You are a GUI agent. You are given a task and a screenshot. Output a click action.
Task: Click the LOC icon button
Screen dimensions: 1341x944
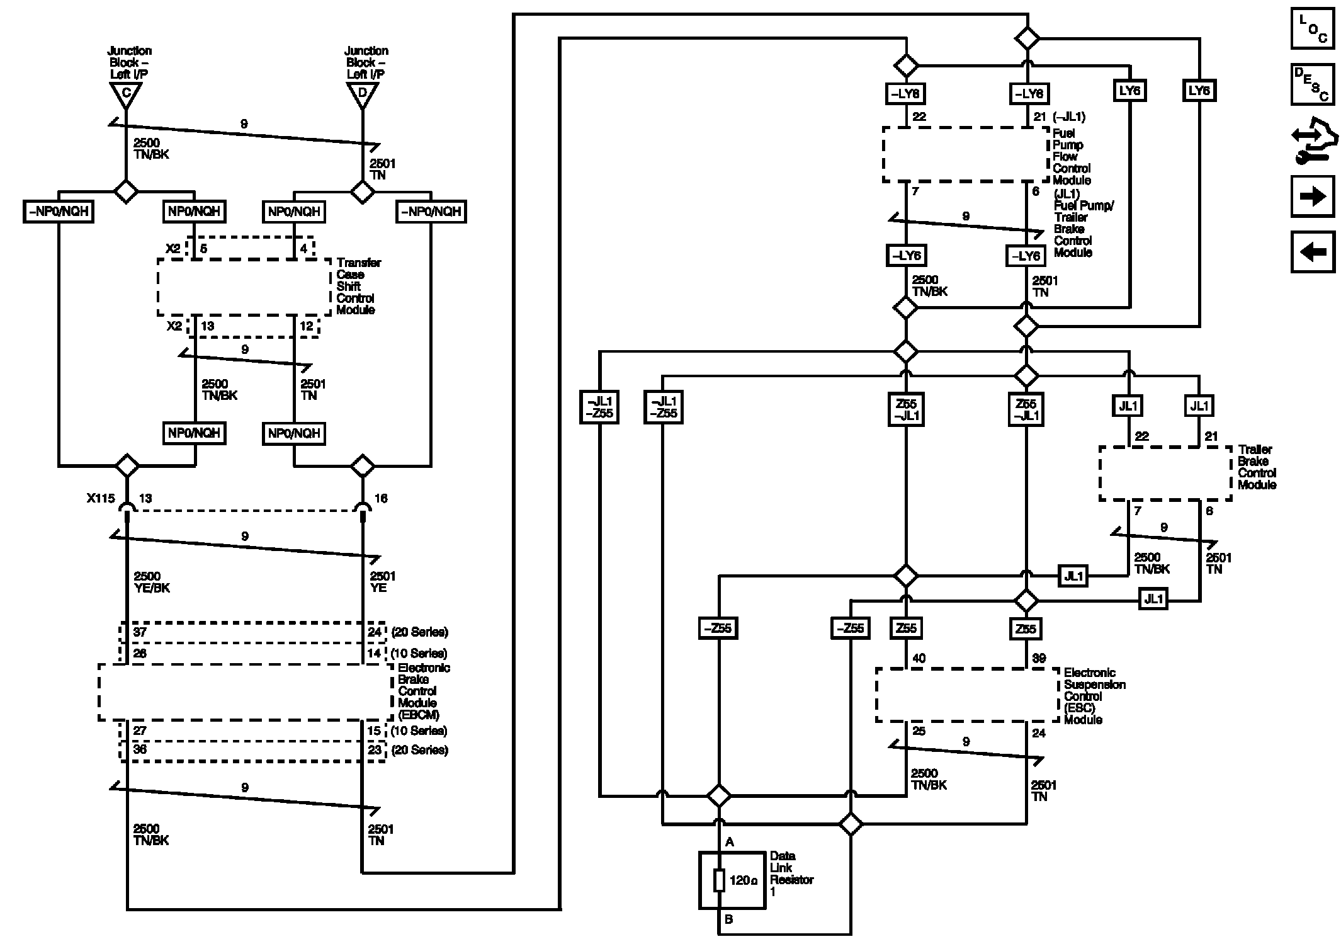pos(1313,28)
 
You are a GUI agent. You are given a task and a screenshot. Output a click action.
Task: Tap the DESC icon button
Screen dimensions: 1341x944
pos(1313,84)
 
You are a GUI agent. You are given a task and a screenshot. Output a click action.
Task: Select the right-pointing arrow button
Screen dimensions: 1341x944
pos(1313,197)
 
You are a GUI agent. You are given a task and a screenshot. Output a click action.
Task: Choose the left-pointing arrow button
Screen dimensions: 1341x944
pos(1313,252)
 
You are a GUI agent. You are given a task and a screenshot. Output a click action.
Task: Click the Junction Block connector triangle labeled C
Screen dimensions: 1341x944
pos(126,94)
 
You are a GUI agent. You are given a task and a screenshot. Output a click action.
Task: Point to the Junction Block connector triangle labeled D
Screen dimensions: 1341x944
pos(363,94)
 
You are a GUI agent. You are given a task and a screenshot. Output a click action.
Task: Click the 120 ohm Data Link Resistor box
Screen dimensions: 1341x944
pos(732,880)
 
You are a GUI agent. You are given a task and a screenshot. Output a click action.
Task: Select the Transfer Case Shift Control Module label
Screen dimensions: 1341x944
pos(358,286)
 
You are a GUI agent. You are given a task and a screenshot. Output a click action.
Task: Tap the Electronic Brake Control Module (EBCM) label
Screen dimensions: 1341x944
pos(424,691)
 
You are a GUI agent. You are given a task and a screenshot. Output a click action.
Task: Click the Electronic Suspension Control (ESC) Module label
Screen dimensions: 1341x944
pos(1095,696)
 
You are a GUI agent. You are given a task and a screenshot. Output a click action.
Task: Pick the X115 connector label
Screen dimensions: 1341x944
pos(101,498)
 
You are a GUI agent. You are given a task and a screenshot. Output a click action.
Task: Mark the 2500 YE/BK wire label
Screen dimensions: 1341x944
pos(152,582)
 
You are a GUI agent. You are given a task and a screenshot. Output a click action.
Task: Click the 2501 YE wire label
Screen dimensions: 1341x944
pos(383,582)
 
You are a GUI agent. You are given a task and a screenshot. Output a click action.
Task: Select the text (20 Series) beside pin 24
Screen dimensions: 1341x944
pos(419,632)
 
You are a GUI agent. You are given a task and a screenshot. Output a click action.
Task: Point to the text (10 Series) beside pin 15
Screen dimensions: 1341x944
pos(419,731)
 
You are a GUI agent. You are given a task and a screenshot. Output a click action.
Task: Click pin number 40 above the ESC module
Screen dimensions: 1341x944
pos(919,658)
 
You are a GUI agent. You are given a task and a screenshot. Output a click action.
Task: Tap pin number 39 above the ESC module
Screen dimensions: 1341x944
pos(1039,658)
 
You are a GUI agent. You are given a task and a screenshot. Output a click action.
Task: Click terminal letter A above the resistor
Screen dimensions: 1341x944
pos(730,842)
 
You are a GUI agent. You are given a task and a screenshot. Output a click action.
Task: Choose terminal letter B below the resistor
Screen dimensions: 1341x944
pos(728,919)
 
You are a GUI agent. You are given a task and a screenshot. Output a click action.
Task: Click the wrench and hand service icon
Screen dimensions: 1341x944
pos(1313,140)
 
